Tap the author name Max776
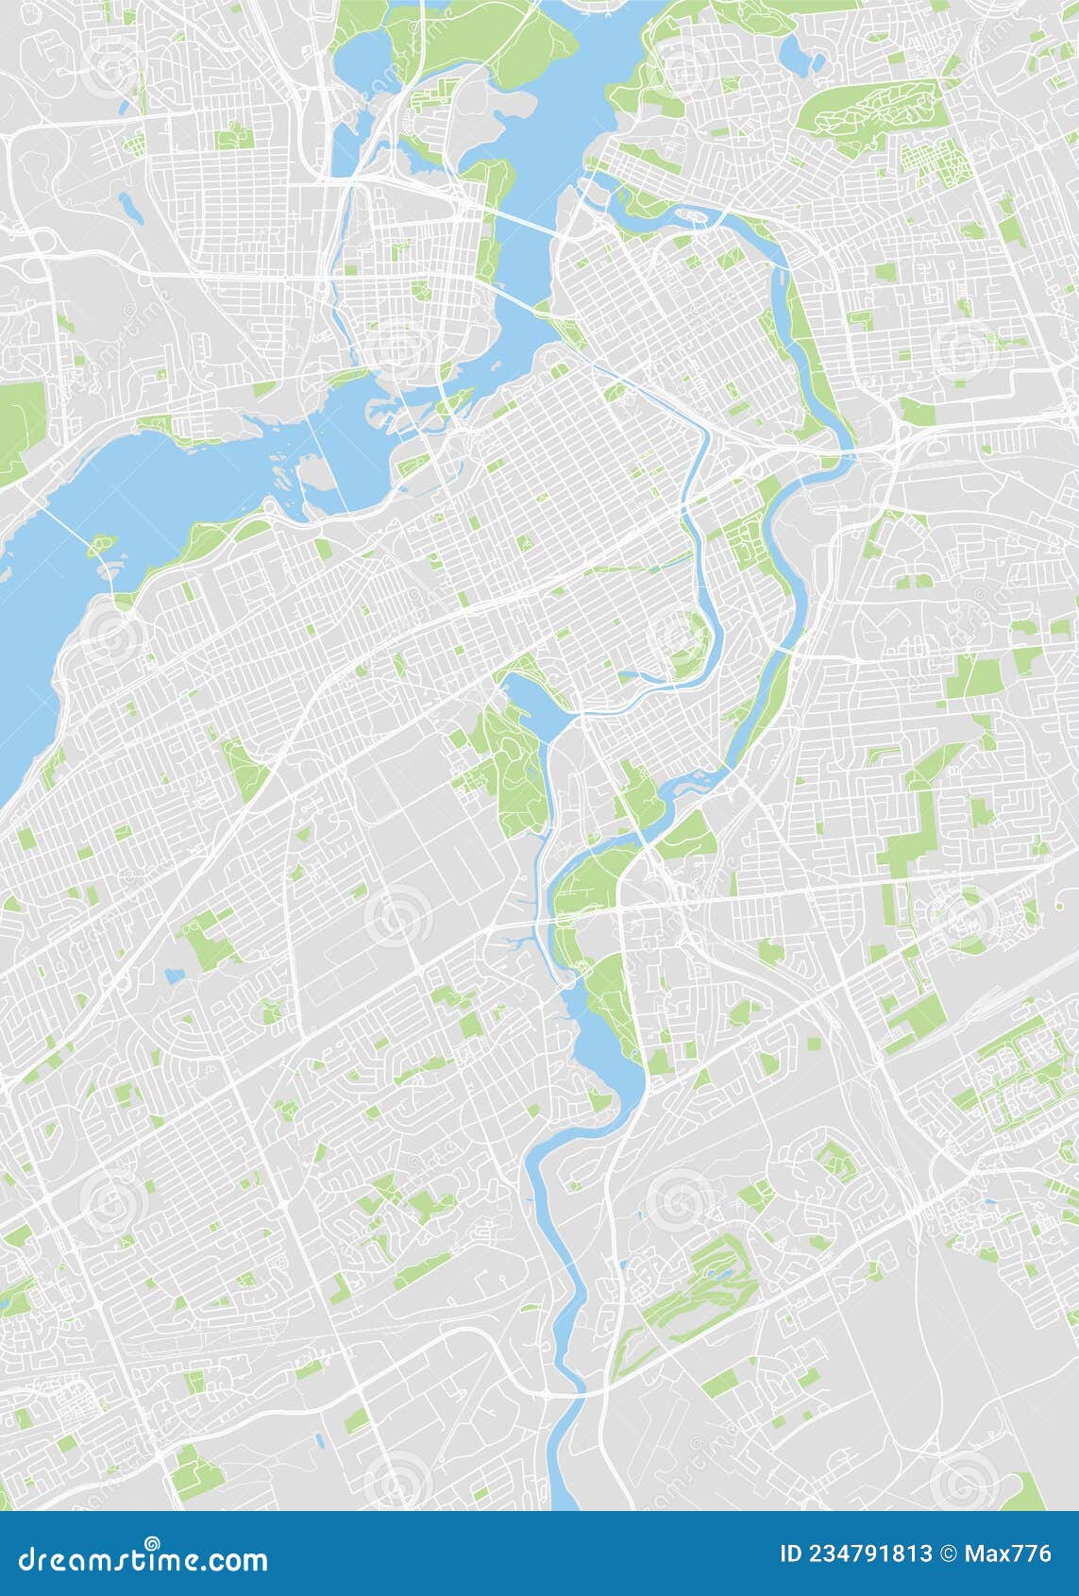(x=1009, y=1554)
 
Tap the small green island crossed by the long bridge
(x=102, y=545)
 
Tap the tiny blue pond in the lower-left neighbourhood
(x=173, y=975)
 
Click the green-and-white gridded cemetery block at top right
(x=935, y=161)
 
